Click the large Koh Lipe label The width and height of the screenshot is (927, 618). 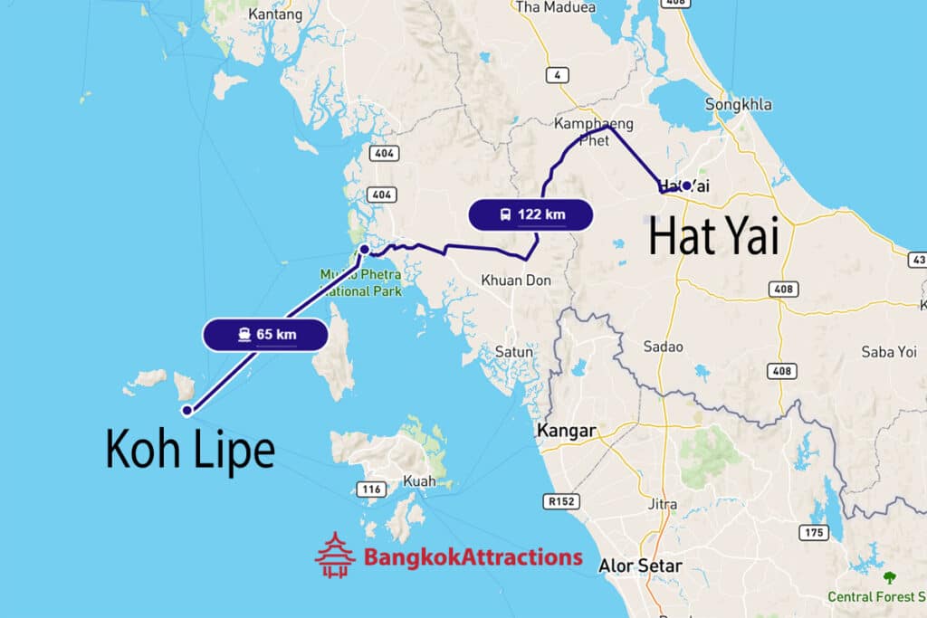click(x=190, y=448)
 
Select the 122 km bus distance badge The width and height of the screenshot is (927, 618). click(x=530, y=214)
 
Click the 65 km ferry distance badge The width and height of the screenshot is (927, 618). click(x=264, y=335)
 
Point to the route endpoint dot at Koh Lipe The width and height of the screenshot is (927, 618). click(x=186, y=411)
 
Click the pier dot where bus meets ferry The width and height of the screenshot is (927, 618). click(x=364, y=249)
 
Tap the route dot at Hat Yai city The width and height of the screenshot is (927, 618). click(x=687, y=185)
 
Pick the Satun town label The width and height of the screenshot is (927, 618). click(x=513, y=351)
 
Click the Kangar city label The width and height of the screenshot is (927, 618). click(x=567, y=431)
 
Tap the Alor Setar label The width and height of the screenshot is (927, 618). click(x=640, y=566)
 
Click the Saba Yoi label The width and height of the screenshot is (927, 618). click(x=889, y=352)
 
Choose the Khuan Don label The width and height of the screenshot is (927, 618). click(x=515, y=280)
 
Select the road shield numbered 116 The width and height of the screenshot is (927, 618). click(x=369, y=490)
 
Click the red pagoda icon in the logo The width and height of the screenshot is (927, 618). click(x=335, y=555)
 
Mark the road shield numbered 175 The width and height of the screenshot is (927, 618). click(x=814, y=532)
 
